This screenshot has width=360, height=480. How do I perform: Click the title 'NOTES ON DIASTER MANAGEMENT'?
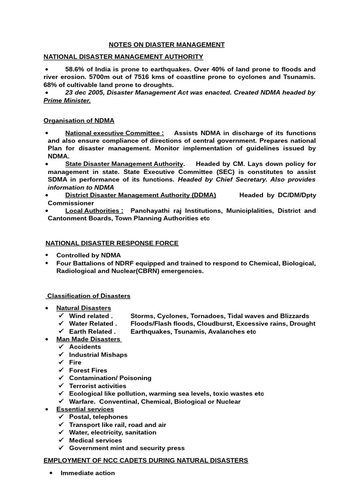[x=166, y=45]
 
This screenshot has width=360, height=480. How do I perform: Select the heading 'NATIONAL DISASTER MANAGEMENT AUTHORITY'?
[x=123, y=57]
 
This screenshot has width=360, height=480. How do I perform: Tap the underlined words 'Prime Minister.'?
[x=67, y=101]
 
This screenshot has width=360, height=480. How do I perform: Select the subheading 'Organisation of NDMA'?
[x=79, y=121]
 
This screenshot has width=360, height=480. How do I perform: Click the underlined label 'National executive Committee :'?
[x=114, y=133]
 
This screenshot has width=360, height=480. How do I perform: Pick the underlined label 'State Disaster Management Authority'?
[x=124, y=164]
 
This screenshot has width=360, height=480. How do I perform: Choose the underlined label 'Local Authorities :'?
[x=94, y=211]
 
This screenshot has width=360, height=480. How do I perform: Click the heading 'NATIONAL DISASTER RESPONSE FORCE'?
[x=112, y=243]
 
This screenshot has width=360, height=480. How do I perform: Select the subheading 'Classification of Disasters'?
[x=89, y=296]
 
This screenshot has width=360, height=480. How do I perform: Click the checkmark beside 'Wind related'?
[x=61, y=316]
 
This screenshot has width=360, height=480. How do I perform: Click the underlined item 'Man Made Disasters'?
[x=88, y=339]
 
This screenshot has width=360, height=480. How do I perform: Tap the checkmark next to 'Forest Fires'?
[x=61, y=370]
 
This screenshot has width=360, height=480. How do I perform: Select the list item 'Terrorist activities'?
[x=97, y=386]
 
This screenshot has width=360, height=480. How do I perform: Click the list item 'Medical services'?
[x=95, y=440]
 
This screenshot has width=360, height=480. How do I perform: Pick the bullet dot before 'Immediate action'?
[x=51, y=473]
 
